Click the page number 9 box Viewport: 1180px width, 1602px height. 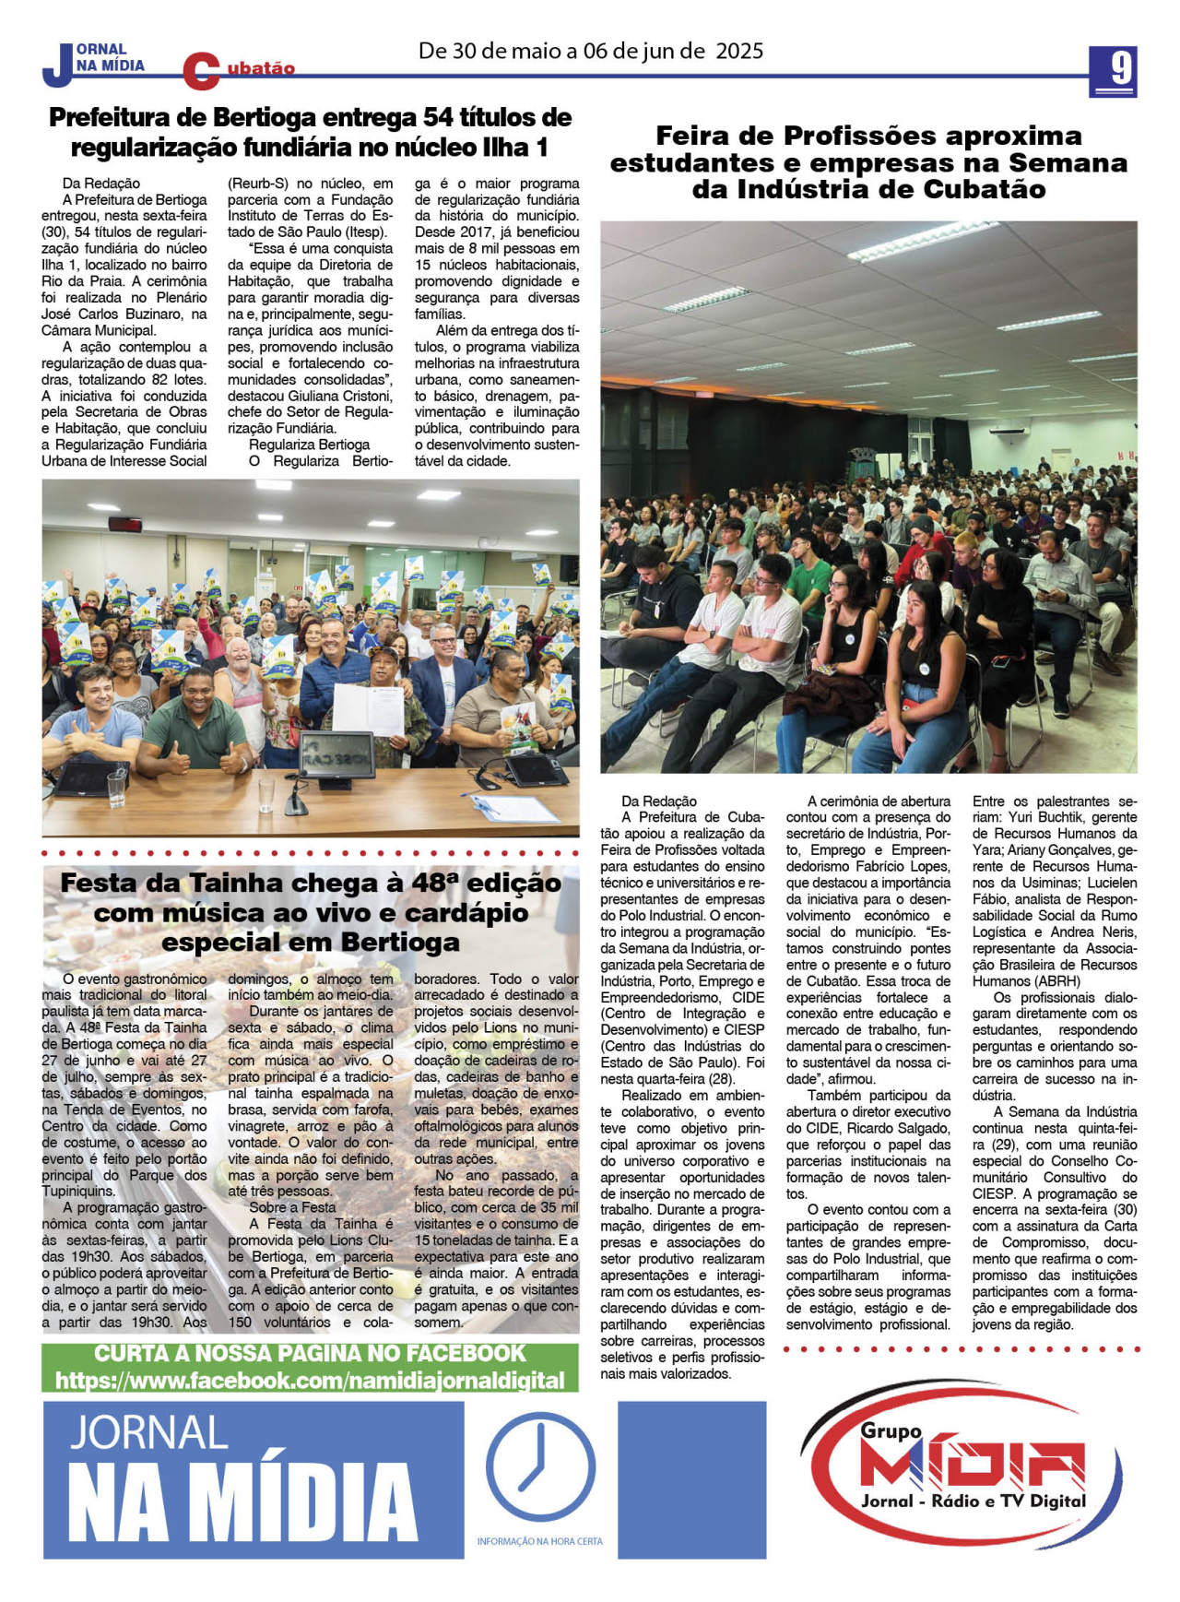click(x=1113, y=70)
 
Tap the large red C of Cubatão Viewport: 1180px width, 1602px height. click(x=200, y=71)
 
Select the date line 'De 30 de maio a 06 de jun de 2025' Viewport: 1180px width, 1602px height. click(x=590, y=51)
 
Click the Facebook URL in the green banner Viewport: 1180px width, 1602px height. click(x=310, y=1381)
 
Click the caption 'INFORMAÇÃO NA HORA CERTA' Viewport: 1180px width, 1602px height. click(x=539, y=1541)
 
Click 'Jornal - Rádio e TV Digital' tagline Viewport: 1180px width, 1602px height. click(x=973, y=1501)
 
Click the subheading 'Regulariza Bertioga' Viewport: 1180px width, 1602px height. click(x=309, y=445)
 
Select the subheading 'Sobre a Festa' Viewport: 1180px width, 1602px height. click(x=292, y=1207)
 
